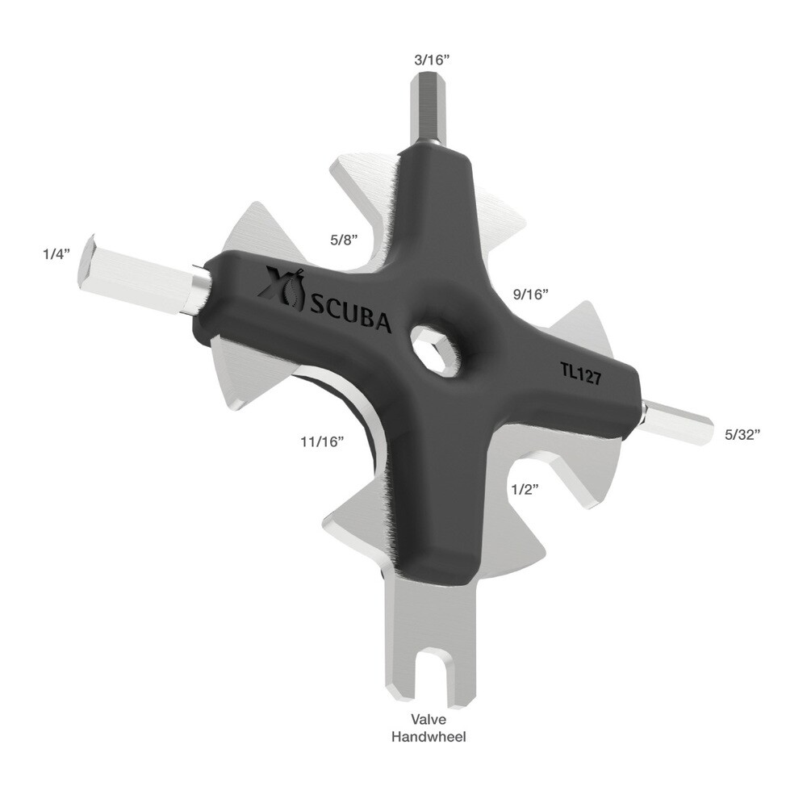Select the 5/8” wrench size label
pos(344,240)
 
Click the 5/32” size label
pos(743,434)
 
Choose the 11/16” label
pos(322,441)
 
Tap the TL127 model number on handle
pos(580,373)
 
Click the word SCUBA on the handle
pos(351,314)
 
